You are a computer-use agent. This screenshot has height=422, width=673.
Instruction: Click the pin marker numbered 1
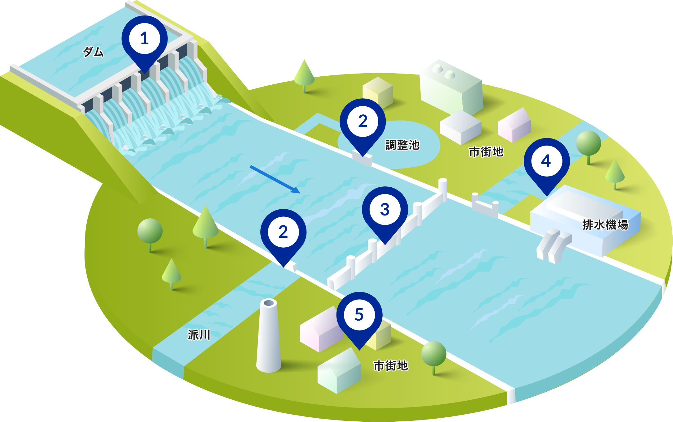145,39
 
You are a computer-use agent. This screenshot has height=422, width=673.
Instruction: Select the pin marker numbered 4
546,161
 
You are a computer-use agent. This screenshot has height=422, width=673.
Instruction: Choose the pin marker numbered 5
359,315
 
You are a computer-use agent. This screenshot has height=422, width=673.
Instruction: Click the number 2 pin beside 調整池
363,121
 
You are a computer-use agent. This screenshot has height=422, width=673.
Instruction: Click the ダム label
93,52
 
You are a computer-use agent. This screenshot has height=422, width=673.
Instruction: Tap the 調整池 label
402,145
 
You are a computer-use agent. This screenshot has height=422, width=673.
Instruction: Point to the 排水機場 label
605,225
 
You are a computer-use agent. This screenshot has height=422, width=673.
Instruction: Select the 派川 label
199,335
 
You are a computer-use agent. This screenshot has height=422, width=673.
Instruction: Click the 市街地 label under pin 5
391,366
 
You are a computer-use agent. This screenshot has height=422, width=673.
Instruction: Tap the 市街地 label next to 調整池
486,152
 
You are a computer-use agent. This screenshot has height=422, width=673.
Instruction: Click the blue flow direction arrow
275,179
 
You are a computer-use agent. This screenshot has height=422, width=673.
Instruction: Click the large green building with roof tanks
450,87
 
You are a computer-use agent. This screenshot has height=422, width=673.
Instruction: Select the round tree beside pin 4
588,144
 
